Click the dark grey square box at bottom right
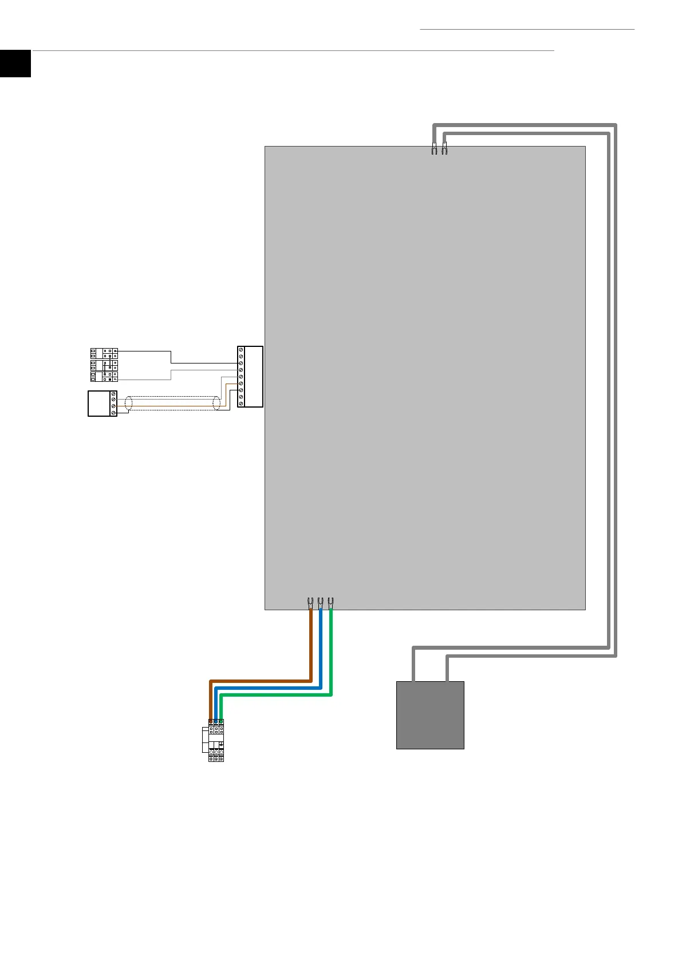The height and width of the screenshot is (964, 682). click(430, 715)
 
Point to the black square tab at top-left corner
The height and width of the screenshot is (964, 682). click(15, 63)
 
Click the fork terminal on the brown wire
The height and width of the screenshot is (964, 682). click(310, 602)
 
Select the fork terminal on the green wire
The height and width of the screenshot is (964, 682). click(330, 602)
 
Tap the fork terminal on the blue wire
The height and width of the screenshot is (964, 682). click(320, 602)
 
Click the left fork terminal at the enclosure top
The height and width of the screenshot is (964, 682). click(434, 149)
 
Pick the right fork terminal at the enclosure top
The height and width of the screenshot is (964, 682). click(444, 149)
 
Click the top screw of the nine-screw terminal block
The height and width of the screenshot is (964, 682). click(241, 350)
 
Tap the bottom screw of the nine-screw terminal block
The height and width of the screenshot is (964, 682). click(241, 404)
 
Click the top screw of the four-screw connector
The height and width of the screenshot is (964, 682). click(113, 394)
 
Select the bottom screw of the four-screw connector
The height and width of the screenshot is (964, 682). click(113, 413)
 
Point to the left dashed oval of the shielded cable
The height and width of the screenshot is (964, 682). click(128, 403)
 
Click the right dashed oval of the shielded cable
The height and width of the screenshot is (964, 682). click(216, 403)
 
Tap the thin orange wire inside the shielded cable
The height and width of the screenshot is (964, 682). click(172, 406)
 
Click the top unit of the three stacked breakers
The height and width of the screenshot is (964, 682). click(104, 353)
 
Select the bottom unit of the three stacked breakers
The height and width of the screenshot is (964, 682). click(104, 377)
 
